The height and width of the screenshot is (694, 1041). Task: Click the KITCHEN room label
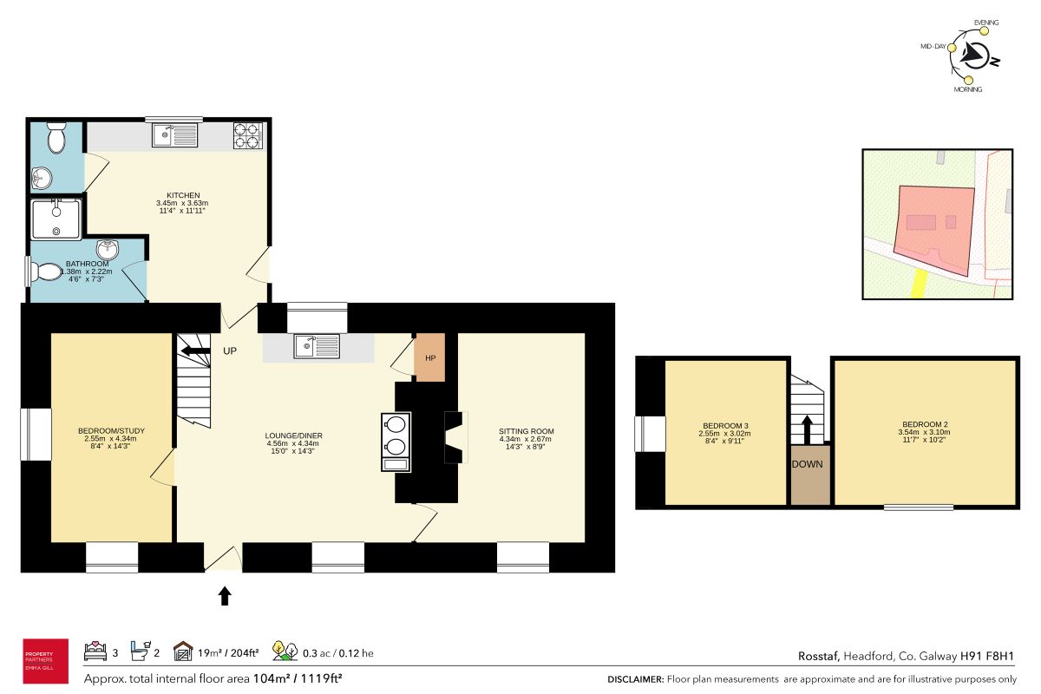[183, 195]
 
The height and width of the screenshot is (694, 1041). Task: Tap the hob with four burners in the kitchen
[248, 135]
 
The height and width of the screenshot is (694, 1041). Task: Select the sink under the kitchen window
[174, 134]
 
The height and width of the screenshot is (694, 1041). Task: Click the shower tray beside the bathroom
[56, 219]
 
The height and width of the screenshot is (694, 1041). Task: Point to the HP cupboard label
[430, 358]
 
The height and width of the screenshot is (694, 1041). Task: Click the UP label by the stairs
[230, 351]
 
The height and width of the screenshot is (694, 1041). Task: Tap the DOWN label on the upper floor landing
[808, 464]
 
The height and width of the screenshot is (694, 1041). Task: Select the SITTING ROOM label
[526, 431]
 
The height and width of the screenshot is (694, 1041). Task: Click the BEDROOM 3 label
[725, 426]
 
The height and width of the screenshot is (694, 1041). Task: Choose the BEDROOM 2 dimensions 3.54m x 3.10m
[925, 432]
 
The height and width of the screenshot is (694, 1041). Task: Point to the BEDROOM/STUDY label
[112, 431]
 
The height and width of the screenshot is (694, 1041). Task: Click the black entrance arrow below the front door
[225, 595]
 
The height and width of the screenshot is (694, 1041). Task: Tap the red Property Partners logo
[45, 661]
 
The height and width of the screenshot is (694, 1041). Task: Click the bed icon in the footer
[95, 651]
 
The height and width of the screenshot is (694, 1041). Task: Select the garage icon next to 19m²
[183, 651]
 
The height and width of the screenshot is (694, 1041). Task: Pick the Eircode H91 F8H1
[987, 656]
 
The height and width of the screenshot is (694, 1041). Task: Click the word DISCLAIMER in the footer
[636, 679]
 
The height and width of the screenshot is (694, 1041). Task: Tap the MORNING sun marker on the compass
[968, 81]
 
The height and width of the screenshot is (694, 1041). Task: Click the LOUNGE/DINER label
[294, 435]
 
